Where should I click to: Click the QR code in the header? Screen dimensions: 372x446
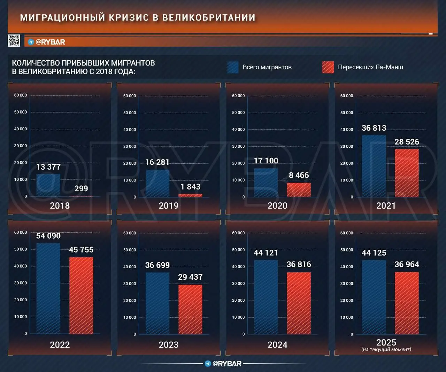tap(14, 41)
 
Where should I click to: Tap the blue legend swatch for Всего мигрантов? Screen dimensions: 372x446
tap(232, 67)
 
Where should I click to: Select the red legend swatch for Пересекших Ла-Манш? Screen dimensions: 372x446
tap(328, 67)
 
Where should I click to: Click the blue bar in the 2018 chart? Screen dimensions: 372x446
tap(48, 185)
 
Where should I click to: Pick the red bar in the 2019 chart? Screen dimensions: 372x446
tap(190, 195)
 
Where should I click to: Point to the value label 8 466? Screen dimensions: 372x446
tap(299, 175)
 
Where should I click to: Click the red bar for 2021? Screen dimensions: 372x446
tap(407, 173)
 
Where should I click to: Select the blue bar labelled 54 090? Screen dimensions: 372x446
tap(48, 288)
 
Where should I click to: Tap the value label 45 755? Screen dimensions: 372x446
tap(81, 250)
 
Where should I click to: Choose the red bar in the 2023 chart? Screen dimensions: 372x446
tap(190, 309)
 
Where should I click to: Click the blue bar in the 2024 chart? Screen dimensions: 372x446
tap(266, 297)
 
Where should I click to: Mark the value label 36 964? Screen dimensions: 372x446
tap(407, 264)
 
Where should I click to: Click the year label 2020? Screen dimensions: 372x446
tap(277, 206)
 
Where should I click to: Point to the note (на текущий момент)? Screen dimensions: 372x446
tap(386, 349)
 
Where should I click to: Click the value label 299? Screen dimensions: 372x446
tap(81, 188)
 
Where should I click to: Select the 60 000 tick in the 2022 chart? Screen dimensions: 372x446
tap(20, 232)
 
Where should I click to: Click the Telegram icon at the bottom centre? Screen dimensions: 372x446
tap(208, 364)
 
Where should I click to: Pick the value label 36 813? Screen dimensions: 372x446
tap(374, 128)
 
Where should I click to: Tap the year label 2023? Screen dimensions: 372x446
tap(169, 345)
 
